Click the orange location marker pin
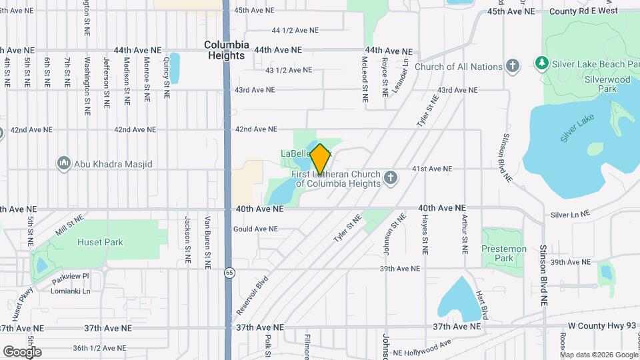[x=320, y=159]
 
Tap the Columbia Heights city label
[x=227, y=50]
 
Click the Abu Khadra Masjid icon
[x=64, y=163]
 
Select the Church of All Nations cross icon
[x=512, y=66]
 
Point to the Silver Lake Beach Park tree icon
[x=542, y=63]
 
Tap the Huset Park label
[x=100, y=243]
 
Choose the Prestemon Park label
[x=503, y=253]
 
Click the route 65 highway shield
[x=229, y=272]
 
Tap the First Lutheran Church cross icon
[x=391, y=178]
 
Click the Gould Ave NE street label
[x=255, y=229]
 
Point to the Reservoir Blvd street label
[x=252, y=295]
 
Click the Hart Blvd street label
[x=485, y=303]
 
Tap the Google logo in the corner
[x=22, y=352]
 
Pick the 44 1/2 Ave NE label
[x=295, y=31]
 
